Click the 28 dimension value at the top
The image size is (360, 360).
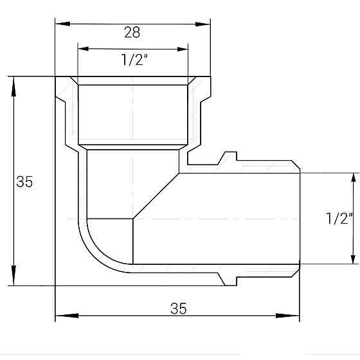pyautogui.click(x=132, y=32)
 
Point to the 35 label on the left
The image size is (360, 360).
pyautogui.click(x=24, y=182)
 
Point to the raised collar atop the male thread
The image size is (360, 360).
pyautogui.click(x=229, y=157)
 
